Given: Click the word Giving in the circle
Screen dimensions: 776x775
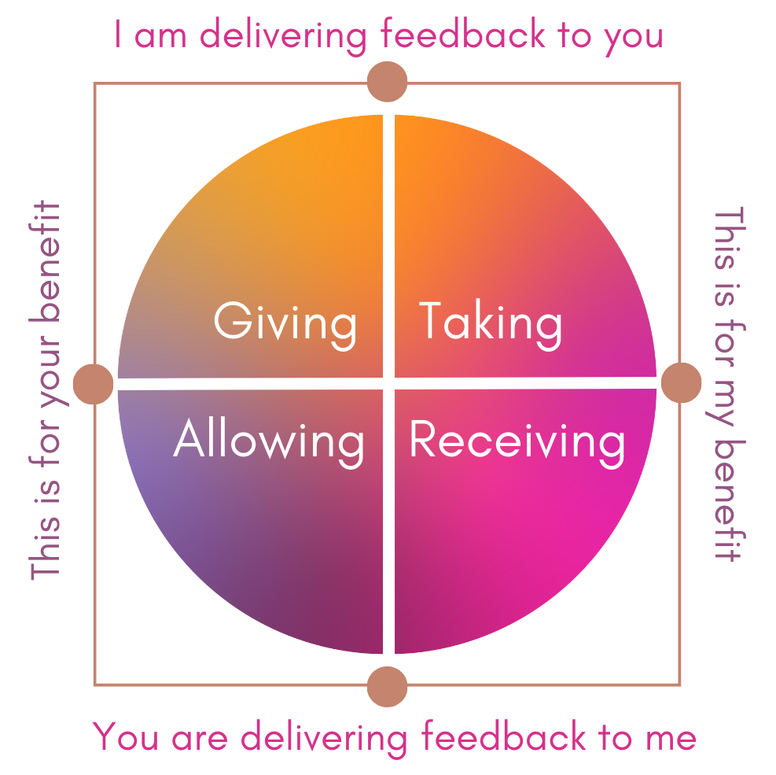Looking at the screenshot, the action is [285, 324].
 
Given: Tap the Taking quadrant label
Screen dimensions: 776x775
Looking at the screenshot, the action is [491, 324].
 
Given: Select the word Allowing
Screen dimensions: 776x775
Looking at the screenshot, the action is [269, 442].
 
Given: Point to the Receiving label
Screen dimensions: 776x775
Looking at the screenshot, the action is [517, 442].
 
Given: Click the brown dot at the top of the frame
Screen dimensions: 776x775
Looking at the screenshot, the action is [387, 82].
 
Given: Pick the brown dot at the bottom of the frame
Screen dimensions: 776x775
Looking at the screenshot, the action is [387, 686].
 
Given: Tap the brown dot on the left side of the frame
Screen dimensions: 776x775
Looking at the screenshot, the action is [93, 384].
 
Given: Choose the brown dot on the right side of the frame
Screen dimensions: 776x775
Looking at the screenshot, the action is [681, 383].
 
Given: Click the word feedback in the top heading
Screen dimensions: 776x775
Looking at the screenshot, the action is [463, 34].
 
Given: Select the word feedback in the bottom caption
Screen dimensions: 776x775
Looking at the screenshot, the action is [504, 736].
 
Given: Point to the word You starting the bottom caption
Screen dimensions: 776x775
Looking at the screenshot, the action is [125, 736].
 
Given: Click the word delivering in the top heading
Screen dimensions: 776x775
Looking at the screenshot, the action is [283, 37].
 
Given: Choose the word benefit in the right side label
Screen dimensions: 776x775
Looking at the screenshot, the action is [730, 500].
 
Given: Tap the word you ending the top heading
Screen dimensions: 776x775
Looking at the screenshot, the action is [634, 39].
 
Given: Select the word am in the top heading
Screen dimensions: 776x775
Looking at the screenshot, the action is [160, 37].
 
